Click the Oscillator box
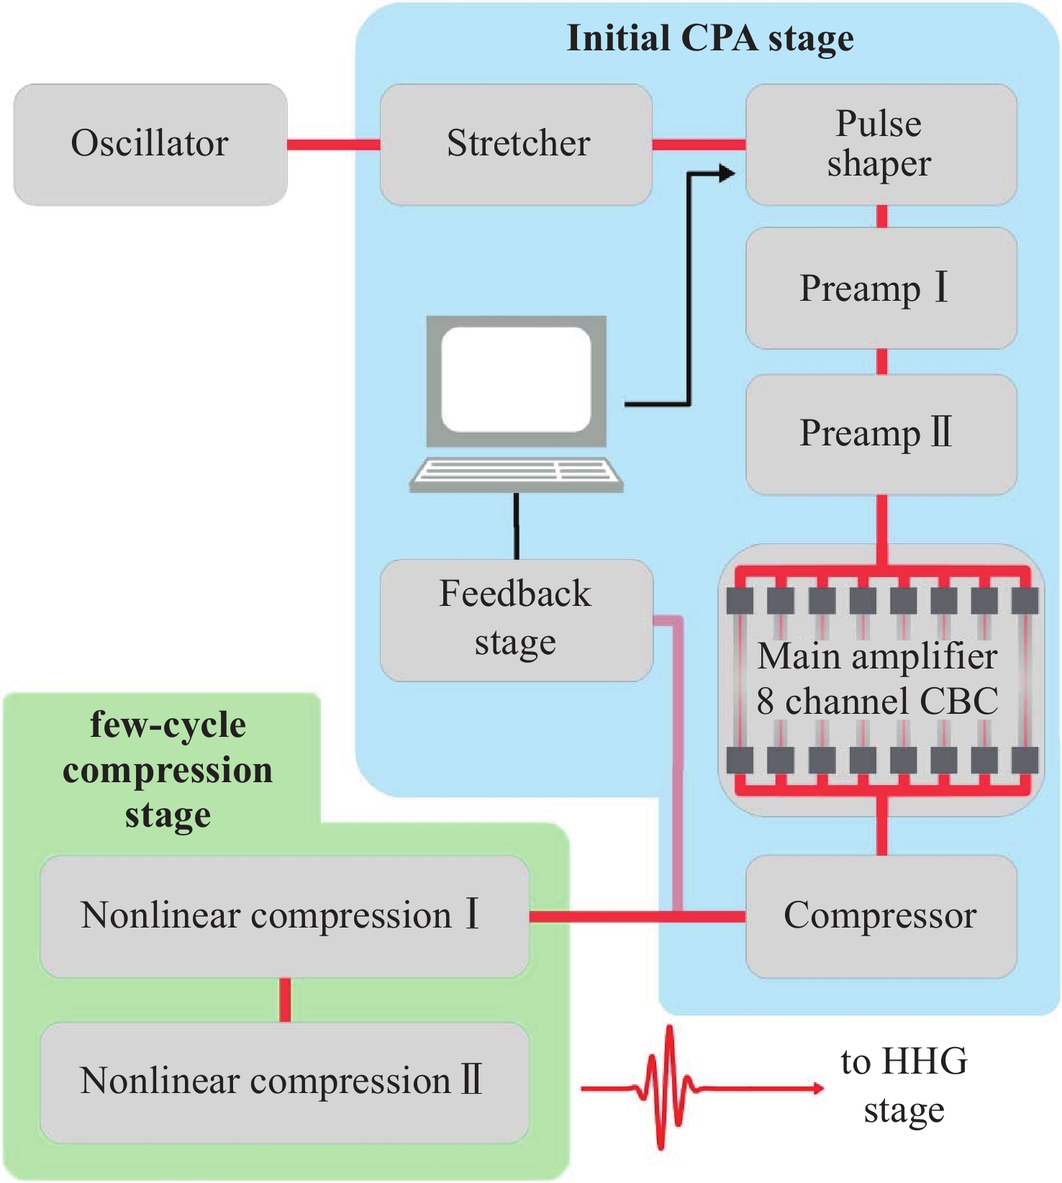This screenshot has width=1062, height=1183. [x=150, y=144]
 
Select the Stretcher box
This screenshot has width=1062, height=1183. [x=517, y=144]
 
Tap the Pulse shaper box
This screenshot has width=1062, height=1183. [x=881, y=144]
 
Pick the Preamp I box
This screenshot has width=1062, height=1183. [x=881, y=288]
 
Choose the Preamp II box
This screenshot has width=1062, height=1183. [x=881, y=434]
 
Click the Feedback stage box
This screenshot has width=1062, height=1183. [x=516, y=620]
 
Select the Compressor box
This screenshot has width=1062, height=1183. [x=881, y=916]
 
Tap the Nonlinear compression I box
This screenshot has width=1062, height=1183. [x=284, y=916]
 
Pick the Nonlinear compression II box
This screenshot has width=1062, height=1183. [x=284, y=1082]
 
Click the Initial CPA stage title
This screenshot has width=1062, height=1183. [x=710, y=38]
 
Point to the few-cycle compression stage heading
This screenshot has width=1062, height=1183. [x=168, y=770]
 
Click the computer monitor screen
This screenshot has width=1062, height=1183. [x=516, y=379]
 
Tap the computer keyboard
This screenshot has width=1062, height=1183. [x=516, y=473]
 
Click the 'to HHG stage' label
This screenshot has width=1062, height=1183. [x=904, y=1085]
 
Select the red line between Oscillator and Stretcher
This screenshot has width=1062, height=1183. [x=333, y=145]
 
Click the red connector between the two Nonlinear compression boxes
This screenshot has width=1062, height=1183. [x=285, y=1000]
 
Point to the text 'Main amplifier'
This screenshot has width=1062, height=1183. [x=877, y=656]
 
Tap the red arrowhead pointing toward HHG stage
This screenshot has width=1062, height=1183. [x=817, y=1088]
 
